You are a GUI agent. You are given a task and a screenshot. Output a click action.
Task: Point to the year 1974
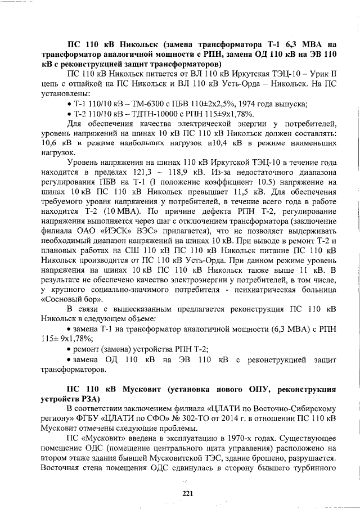(x=252, y=104)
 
